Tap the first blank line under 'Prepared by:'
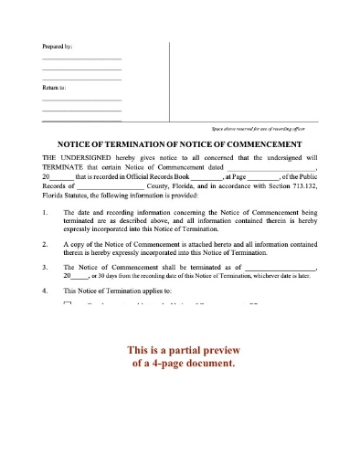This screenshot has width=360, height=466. pos(81,59)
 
